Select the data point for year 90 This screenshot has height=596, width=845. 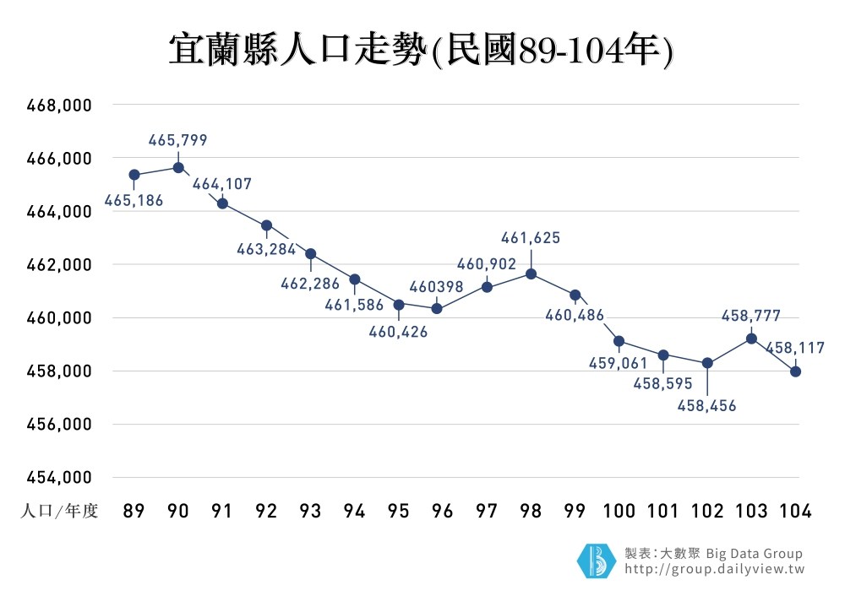[x=178, y=167]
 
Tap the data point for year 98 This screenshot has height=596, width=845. [x=532, y=274]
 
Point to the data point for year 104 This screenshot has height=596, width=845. [x=795, y=371]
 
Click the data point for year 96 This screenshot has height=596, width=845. [x=437, y=308]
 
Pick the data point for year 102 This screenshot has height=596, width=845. [x=707, y=363]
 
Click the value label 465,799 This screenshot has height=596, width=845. [x=177, y=140]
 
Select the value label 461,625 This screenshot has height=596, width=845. [x=531, y=238]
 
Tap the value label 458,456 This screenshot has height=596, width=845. [x=707, y=406]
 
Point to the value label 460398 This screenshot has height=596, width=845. [x=436, y=287]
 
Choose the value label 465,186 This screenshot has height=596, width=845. [x=134, y=201]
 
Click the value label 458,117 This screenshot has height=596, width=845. [x=795, y=347]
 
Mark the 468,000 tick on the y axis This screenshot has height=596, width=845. [x=59, y=106]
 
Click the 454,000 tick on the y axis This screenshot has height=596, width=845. [x=59, y=478]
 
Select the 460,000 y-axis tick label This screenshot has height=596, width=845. [x=59, y=318]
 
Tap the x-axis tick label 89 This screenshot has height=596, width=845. [x=134, y=512]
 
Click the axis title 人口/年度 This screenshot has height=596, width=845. [x=59, y=512]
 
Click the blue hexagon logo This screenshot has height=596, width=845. [x=597, y=561]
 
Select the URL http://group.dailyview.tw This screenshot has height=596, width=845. [x=714, y=570]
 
